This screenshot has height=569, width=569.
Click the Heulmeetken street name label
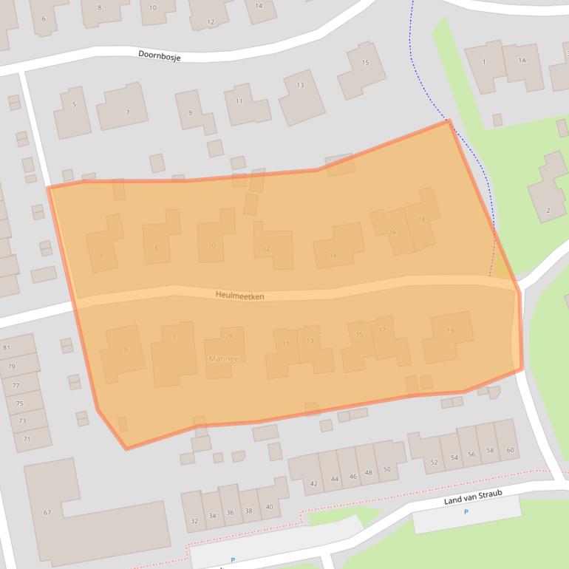pyautogui.click(x=239, y=296)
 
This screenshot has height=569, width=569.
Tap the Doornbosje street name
pyautogui.click(x=159, y=55)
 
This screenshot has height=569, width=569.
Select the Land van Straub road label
pyautogui.click(x=473, y=500)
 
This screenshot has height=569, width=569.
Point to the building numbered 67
pyautogui.click(x=47, y=512)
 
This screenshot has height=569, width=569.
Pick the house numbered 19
pyautogui.click(x=450, y=331)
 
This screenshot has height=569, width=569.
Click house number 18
pyautogui.click(x=421, y=219)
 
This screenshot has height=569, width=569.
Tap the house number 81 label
pyautogui.click(x=7, y=347)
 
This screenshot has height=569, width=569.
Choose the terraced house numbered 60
pyautogui.click(x=510, y=450)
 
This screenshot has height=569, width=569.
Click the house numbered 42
pyautogui.click(x=313, y=483)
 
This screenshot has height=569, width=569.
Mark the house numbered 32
pyautogui.click(x=194, y=521)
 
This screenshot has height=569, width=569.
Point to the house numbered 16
pyautogui.click(x=392, y=232)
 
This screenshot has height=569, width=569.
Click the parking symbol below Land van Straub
pyautogui.click(x=466, y=512)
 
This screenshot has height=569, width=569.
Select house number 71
pyautogui.click(x=27, y=439)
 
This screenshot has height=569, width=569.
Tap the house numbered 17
pyautogui.click(x=382, y=330)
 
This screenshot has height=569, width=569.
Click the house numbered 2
pyautogui.click(x=548, y=211)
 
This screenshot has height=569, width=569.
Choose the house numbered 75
pyautogui.click(x=19, y=403)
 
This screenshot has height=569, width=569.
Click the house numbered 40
pyautogui.click(x=269, y=507)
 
